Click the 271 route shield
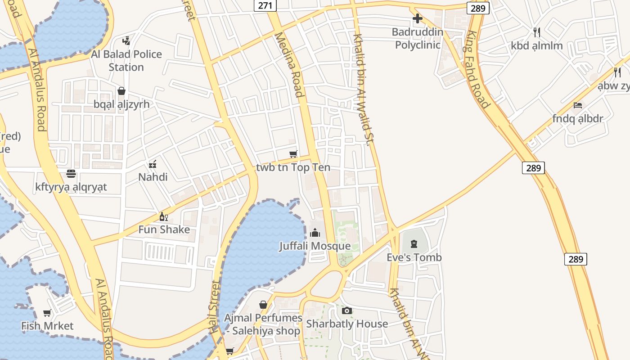click(x=265, y=5)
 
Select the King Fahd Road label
click(x=477, y=69)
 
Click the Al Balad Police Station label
click(x=126, y=61)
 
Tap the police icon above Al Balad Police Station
click(x=126, y=40)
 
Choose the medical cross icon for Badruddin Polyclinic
click(x=418, y=19)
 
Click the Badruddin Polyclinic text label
click(x=417, y=38)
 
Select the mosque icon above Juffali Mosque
click(x=315, y=233)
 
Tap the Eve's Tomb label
click(x=414, y=257)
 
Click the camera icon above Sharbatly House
click(x=346, y=310)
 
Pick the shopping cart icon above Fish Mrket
click(x=47, y=313)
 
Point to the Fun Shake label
click(x=164, y=229)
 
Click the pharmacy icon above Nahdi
click(x=153, y=164)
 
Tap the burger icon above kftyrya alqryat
click(x=71, y=174)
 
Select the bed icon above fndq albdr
click(x=578, y=105)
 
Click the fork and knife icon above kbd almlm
click(x=536, y=32)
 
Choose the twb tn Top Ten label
click(x=293, y=167)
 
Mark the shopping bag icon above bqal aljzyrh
click(x=121, y=91)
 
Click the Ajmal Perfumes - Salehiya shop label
click(x=263, y=324)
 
